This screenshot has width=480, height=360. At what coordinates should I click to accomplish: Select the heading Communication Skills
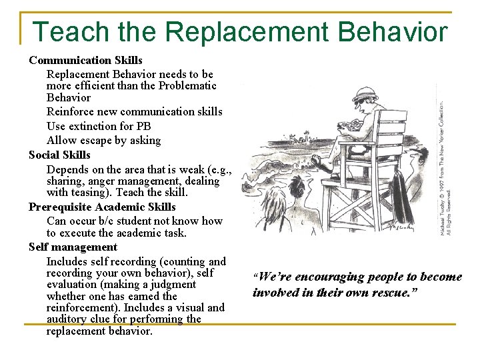(85, 60)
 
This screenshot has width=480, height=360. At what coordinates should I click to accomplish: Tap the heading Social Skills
(59, 155)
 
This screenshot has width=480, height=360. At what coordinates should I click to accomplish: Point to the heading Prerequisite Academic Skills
(102, 207)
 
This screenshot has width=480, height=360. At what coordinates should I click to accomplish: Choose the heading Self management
(73, 247)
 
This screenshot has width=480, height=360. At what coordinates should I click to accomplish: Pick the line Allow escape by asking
(103, 140)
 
